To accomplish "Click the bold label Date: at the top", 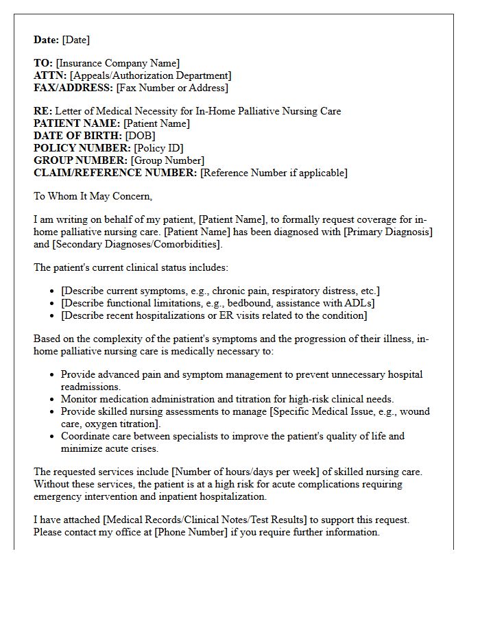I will (47, 40).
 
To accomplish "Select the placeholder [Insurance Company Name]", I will (118, 63).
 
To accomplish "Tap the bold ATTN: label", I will (50, 75).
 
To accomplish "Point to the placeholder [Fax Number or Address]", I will (172, 88).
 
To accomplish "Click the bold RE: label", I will (43, 111).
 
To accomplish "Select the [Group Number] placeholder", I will (169, 160).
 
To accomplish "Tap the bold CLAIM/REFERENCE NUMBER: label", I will (115, 173).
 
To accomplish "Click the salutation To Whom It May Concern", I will (93, 196).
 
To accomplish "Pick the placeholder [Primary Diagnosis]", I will (388, 232).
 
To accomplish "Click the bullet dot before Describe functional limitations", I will (53, 303).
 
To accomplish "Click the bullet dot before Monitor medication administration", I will (53, 399).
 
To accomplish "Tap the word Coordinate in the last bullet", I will (84, 436).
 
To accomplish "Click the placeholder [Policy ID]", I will (158, 148).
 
